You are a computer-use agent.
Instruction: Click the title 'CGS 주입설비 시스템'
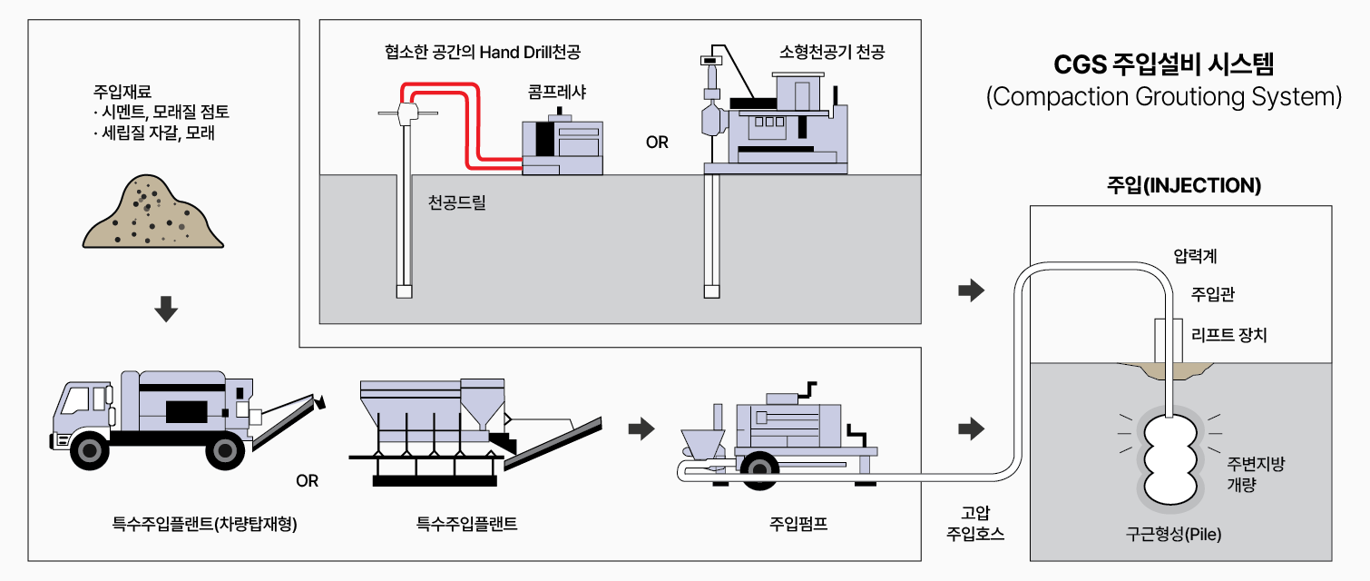1163,65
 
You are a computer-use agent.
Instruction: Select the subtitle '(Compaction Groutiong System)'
1163,97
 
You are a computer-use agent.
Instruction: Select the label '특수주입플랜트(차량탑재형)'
205,524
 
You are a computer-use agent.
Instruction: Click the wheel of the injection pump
758,468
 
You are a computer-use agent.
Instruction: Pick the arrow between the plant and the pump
641,428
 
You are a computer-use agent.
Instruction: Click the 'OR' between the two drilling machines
657,143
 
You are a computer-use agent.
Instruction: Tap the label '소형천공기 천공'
831,52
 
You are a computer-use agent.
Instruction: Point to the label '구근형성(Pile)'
1179,534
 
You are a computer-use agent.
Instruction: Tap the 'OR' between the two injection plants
308,480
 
